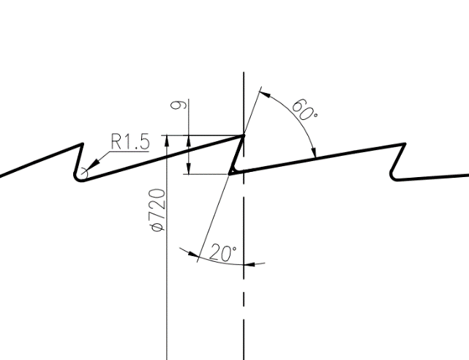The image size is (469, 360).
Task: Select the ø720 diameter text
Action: pos(156,211)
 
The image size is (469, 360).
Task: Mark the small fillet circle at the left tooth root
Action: pos(84,174)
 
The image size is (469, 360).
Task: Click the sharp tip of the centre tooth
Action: pos(244,135)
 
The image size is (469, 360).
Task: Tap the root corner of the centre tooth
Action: pos(231,173)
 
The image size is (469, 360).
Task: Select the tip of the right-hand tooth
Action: pos(405,144)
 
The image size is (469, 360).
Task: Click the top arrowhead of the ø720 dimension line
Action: pos(168,140)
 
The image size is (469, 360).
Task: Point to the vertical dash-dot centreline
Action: pos(244,307)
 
